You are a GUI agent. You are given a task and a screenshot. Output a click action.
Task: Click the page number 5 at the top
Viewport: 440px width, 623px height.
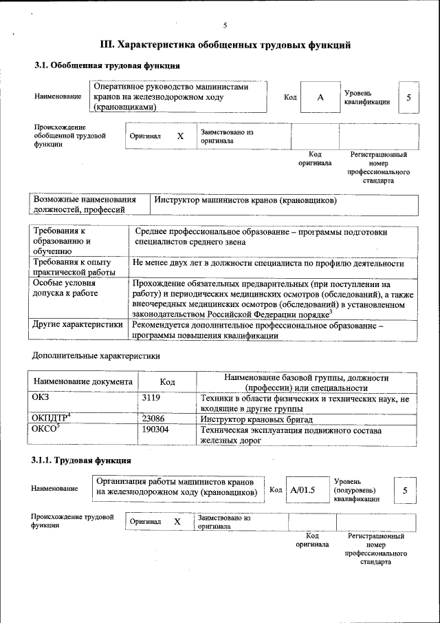click(x=224, y=25)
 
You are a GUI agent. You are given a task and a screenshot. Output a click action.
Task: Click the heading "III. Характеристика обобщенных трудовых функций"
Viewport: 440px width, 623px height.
click(x=226, y=45)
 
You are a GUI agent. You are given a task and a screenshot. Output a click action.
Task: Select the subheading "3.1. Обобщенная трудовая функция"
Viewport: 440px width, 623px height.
click(x=107, y=66)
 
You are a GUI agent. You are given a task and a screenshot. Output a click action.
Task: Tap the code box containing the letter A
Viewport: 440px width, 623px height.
click(x=320, y=98)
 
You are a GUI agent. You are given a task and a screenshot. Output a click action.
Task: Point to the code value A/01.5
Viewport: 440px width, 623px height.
click(x=302, y=490)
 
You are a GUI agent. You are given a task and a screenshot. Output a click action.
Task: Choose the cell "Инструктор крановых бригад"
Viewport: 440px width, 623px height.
click(x=256, y=419)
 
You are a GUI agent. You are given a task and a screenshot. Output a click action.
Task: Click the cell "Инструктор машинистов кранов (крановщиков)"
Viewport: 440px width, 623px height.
click(x=245, y=200)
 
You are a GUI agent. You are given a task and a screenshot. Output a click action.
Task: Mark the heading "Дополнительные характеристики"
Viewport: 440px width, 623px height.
click(x=96, y=357)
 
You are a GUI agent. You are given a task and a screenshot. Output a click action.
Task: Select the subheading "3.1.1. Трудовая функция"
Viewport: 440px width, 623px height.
click(x=82, y=460)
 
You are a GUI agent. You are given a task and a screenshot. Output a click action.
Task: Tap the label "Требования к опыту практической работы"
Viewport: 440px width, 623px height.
click(x=76, y=267)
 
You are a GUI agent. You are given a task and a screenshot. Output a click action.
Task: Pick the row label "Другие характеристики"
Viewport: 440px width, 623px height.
click(x=78, y=324)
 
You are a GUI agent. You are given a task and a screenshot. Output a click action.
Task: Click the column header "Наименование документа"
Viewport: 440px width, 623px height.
click(x=82, y=382)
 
